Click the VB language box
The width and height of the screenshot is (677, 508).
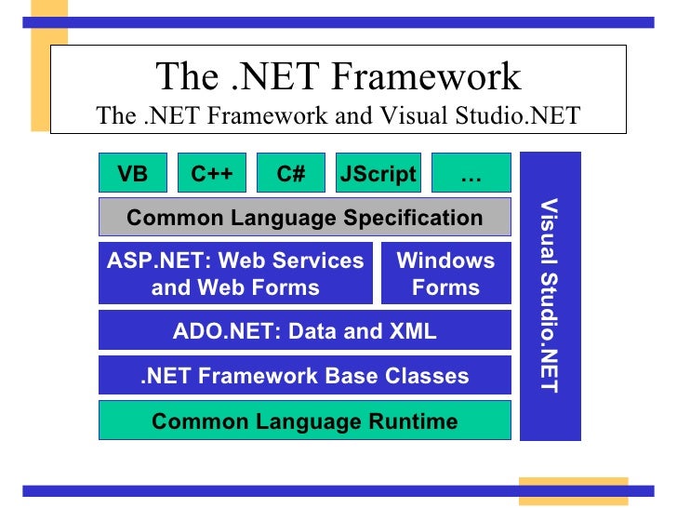pos(132,174)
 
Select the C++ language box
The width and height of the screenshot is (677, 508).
pos(212,174)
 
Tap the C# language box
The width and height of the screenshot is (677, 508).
pos(291,174)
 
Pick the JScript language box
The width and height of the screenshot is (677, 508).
pos(378,174)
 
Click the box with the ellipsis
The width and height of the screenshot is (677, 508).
pos(471,174)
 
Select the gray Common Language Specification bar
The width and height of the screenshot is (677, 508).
pos(305,218)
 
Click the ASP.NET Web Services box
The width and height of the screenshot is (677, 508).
pos(235,274)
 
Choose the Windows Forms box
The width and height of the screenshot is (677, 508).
pos(445,274)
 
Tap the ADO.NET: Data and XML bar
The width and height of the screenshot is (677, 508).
pos(305,330)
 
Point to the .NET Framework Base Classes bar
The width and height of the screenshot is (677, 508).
pos(305,376)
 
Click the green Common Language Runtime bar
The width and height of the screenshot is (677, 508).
pos(305,421)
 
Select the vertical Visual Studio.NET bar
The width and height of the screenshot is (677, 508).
pos(551,296)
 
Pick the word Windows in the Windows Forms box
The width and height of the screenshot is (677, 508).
pos(445,261)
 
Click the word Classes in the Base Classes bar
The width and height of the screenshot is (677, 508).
pos(426,376)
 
